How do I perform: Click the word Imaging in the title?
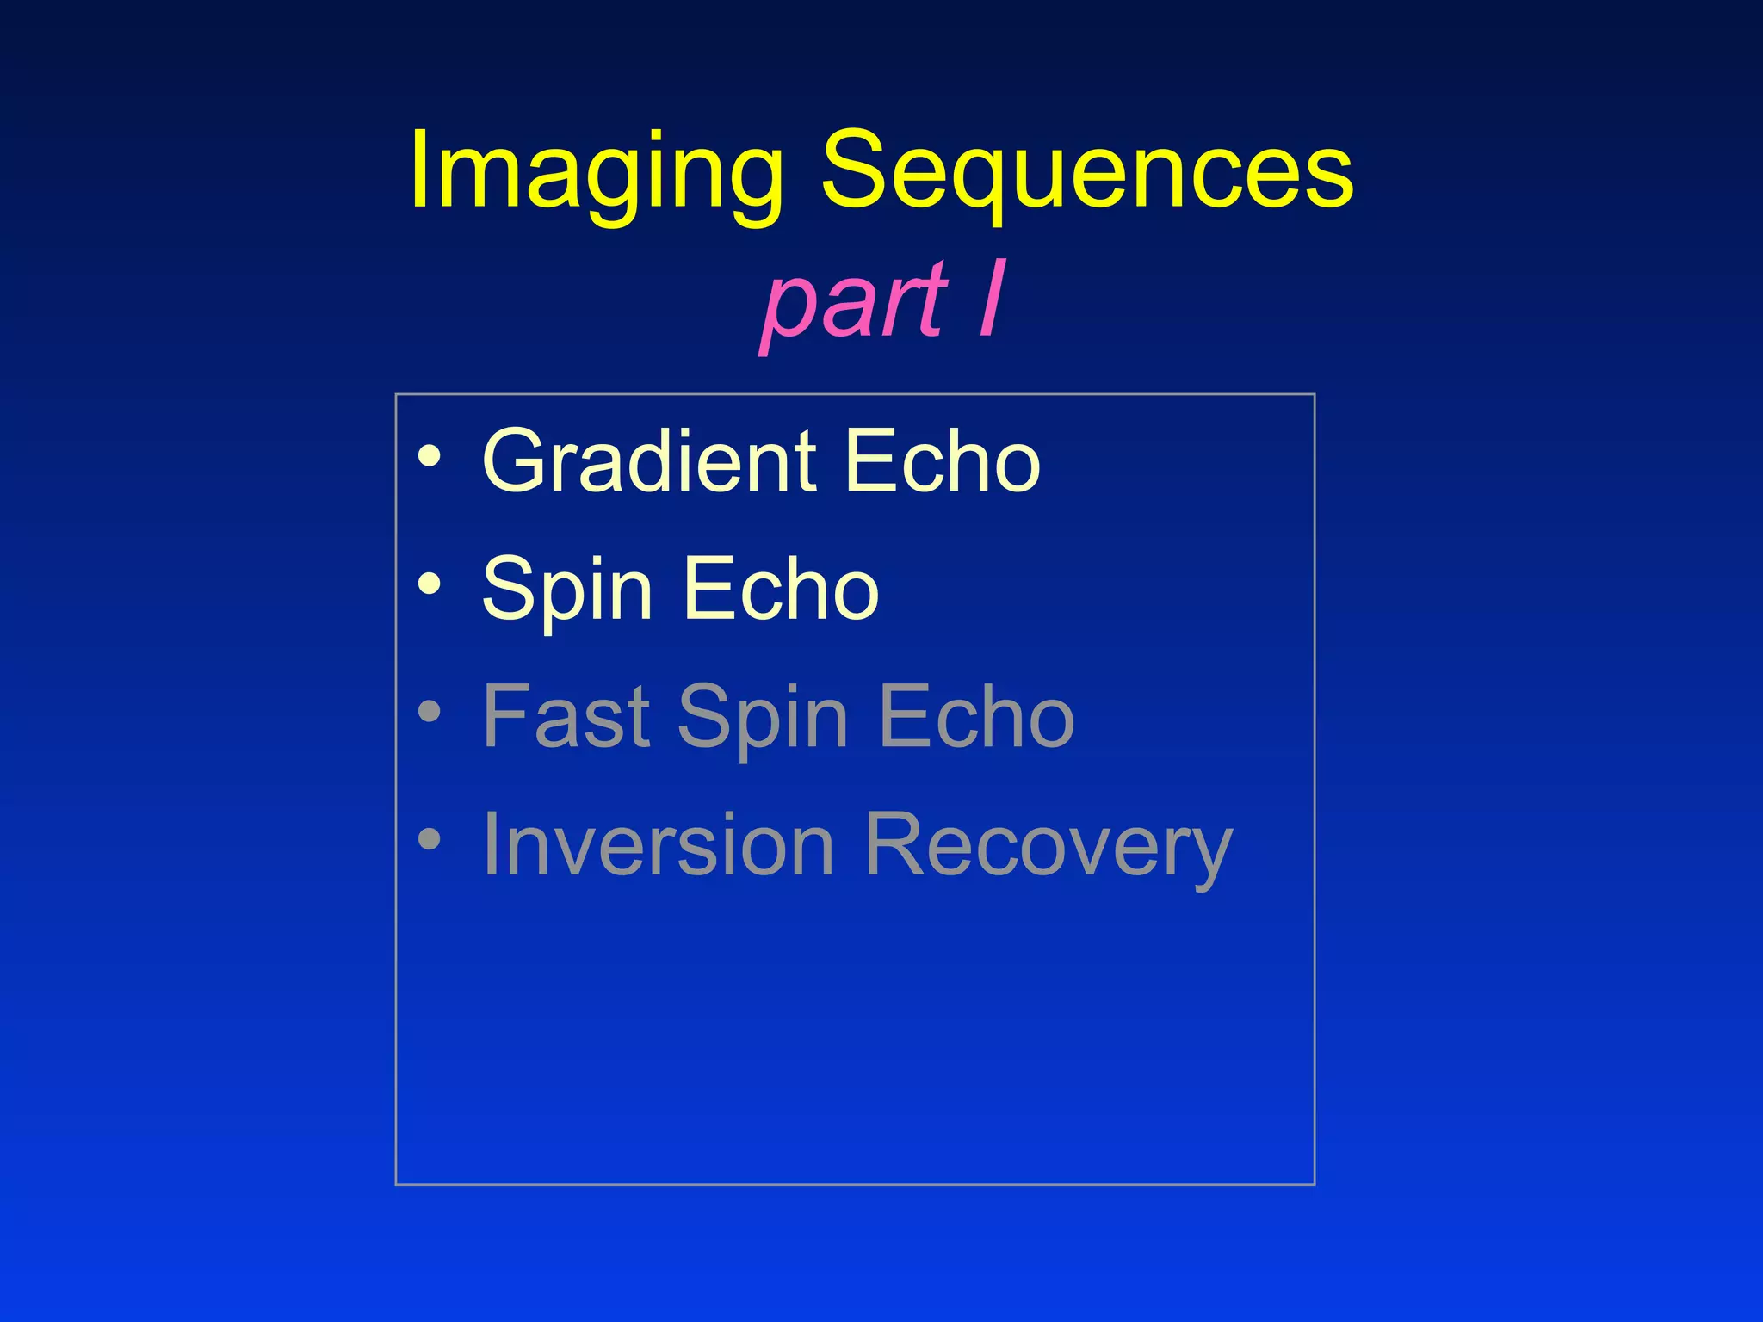pos(597,172)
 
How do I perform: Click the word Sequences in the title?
pos(1087,172)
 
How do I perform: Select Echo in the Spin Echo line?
pos(781,589)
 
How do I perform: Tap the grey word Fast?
pos(566,716)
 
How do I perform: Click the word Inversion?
pos(659,845)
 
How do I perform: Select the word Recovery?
pos(1048,847)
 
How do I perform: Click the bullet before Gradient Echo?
pos(430,456)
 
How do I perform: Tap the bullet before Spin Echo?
pos(430,584)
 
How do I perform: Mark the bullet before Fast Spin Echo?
pos(430,712)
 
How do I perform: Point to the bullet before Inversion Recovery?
pos(430,839)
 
